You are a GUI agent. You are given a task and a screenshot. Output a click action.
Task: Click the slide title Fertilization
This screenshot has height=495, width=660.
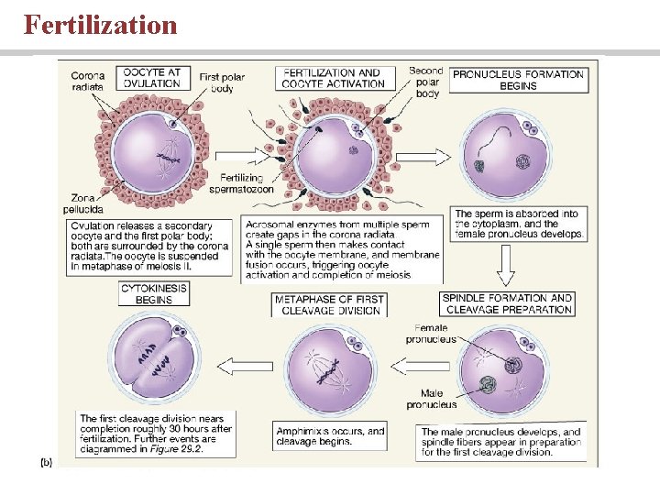pyautogui.click(x=101, y=25)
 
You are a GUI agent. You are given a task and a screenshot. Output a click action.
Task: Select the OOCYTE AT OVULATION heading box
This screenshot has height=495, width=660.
pyautogui.click(x=152, y=79)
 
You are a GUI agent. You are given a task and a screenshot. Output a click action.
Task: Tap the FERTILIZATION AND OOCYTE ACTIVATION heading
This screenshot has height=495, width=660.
pyautogui.click(x=332, y=79)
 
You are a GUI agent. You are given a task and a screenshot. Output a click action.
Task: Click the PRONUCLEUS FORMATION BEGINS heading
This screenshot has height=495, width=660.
pyautogui.click(x=518, y=80)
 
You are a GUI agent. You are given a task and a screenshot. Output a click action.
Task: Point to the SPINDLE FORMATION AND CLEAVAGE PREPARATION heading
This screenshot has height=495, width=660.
pyautogui.click(x=507, y=303)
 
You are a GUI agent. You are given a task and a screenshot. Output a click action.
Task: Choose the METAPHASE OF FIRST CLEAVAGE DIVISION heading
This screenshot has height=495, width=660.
pyautogui.click(x=328, y=304)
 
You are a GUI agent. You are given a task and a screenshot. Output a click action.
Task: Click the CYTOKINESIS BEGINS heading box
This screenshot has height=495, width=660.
pyautogui.click(x=154, y=294)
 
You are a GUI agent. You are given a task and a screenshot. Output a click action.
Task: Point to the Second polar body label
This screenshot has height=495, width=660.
pyautogui.click(x=426, y=82)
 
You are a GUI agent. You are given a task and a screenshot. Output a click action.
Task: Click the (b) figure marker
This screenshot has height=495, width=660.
pyautogui.click(x=45, y=462)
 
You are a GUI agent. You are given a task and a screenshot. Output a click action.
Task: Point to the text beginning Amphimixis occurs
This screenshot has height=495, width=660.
pyautogui.click(x=330, y=434)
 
